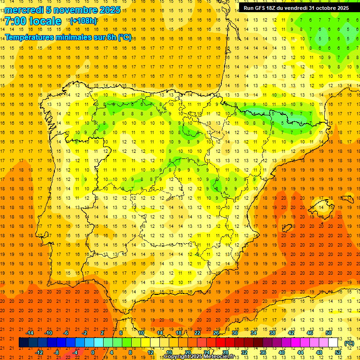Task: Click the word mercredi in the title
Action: (24, 10)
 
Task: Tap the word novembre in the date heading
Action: (72, 10)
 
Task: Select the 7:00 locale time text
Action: (33, 21)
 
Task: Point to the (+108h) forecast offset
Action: (83, 21)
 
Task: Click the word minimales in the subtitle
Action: (68, 37)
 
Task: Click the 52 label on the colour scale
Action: (338, 352)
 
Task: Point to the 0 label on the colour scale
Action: (93, 352)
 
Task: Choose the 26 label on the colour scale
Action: (216, 333)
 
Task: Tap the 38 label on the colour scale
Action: (272, 333)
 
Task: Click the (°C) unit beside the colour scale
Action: (349, 343)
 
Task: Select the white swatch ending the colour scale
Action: (333, 343)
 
